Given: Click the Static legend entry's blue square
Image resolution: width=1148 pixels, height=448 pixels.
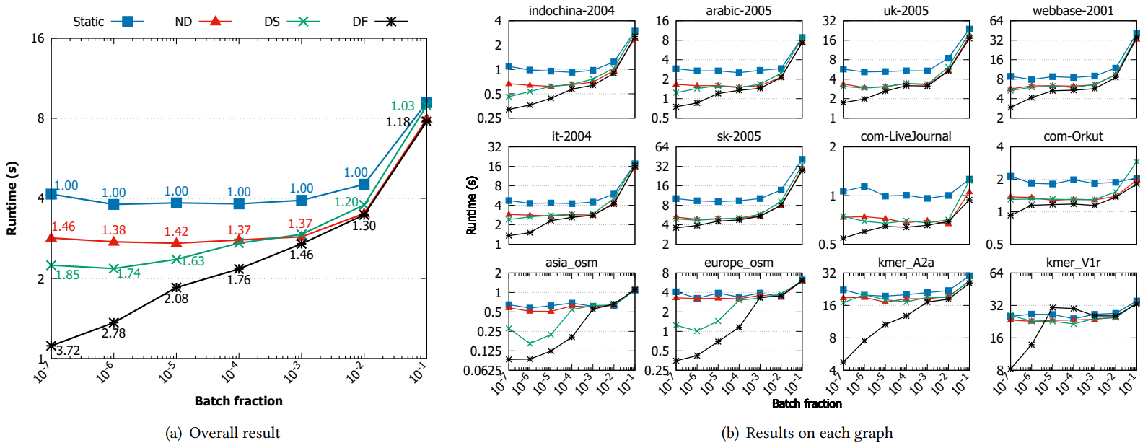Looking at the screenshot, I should point(128,22).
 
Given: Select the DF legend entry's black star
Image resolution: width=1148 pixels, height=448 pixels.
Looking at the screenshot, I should point(391,22).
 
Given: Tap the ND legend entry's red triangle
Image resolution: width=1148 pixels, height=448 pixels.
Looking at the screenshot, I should point(215,22).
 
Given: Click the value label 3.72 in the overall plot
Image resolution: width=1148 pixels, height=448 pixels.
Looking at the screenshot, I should point(68,351).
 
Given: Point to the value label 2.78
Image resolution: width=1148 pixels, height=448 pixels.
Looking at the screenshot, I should point(113,333).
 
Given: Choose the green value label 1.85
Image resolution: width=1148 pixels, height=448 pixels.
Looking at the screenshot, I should point(67,275).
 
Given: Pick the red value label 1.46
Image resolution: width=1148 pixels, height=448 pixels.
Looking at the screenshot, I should point(63,227).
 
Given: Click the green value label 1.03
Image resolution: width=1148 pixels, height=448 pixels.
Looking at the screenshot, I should point(403,106).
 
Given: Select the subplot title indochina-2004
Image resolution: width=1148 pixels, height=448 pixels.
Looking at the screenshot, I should point(571,11).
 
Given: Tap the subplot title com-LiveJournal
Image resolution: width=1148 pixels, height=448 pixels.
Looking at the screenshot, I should point(906,136).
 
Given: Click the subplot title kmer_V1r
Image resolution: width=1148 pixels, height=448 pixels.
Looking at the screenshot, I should point(1073,263).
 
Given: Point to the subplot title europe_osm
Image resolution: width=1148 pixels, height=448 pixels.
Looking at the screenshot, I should point(738,263).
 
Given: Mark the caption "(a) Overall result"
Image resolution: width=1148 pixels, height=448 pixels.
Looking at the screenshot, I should point(223,433).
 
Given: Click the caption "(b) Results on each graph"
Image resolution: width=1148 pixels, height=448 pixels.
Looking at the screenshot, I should point(807,433).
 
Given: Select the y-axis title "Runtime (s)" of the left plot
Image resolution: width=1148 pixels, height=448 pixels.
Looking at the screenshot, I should point(12,198).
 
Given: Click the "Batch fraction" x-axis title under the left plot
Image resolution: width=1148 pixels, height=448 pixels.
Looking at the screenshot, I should point(238,401).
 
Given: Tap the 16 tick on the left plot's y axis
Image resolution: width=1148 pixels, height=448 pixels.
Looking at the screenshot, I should point(38,38).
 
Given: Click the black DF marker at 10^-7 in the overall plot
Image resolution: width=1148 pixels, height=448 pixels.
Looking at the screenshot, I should point(51,346).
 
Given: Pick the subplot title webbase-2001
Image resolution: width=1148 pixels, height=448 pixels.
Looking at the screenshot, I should point(1073,11).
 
